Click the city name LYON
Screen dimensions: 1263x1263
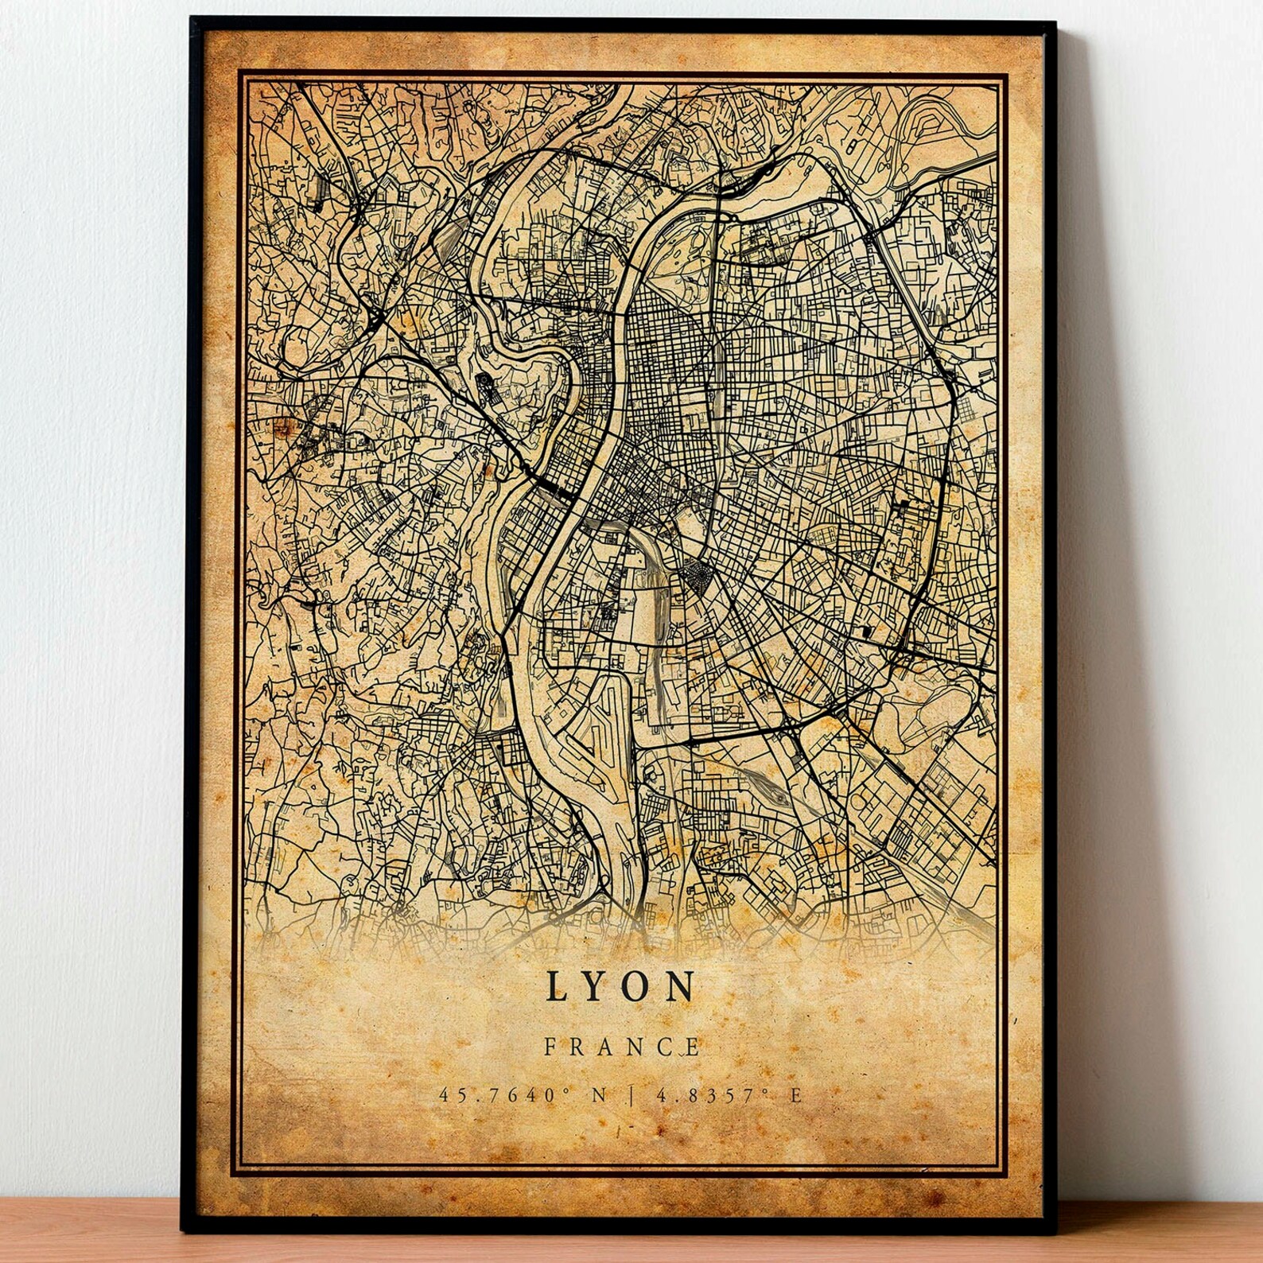tap(620, 986)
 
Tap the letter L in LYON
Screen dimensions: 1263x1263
tap(557, 986)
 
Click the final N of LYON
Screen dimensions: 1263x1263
tap(682, 986)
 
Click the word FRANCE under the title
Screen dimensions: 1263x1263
tap(622, 1047)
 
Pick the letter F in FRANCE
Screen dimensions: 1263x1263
tap(550, 1047)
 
